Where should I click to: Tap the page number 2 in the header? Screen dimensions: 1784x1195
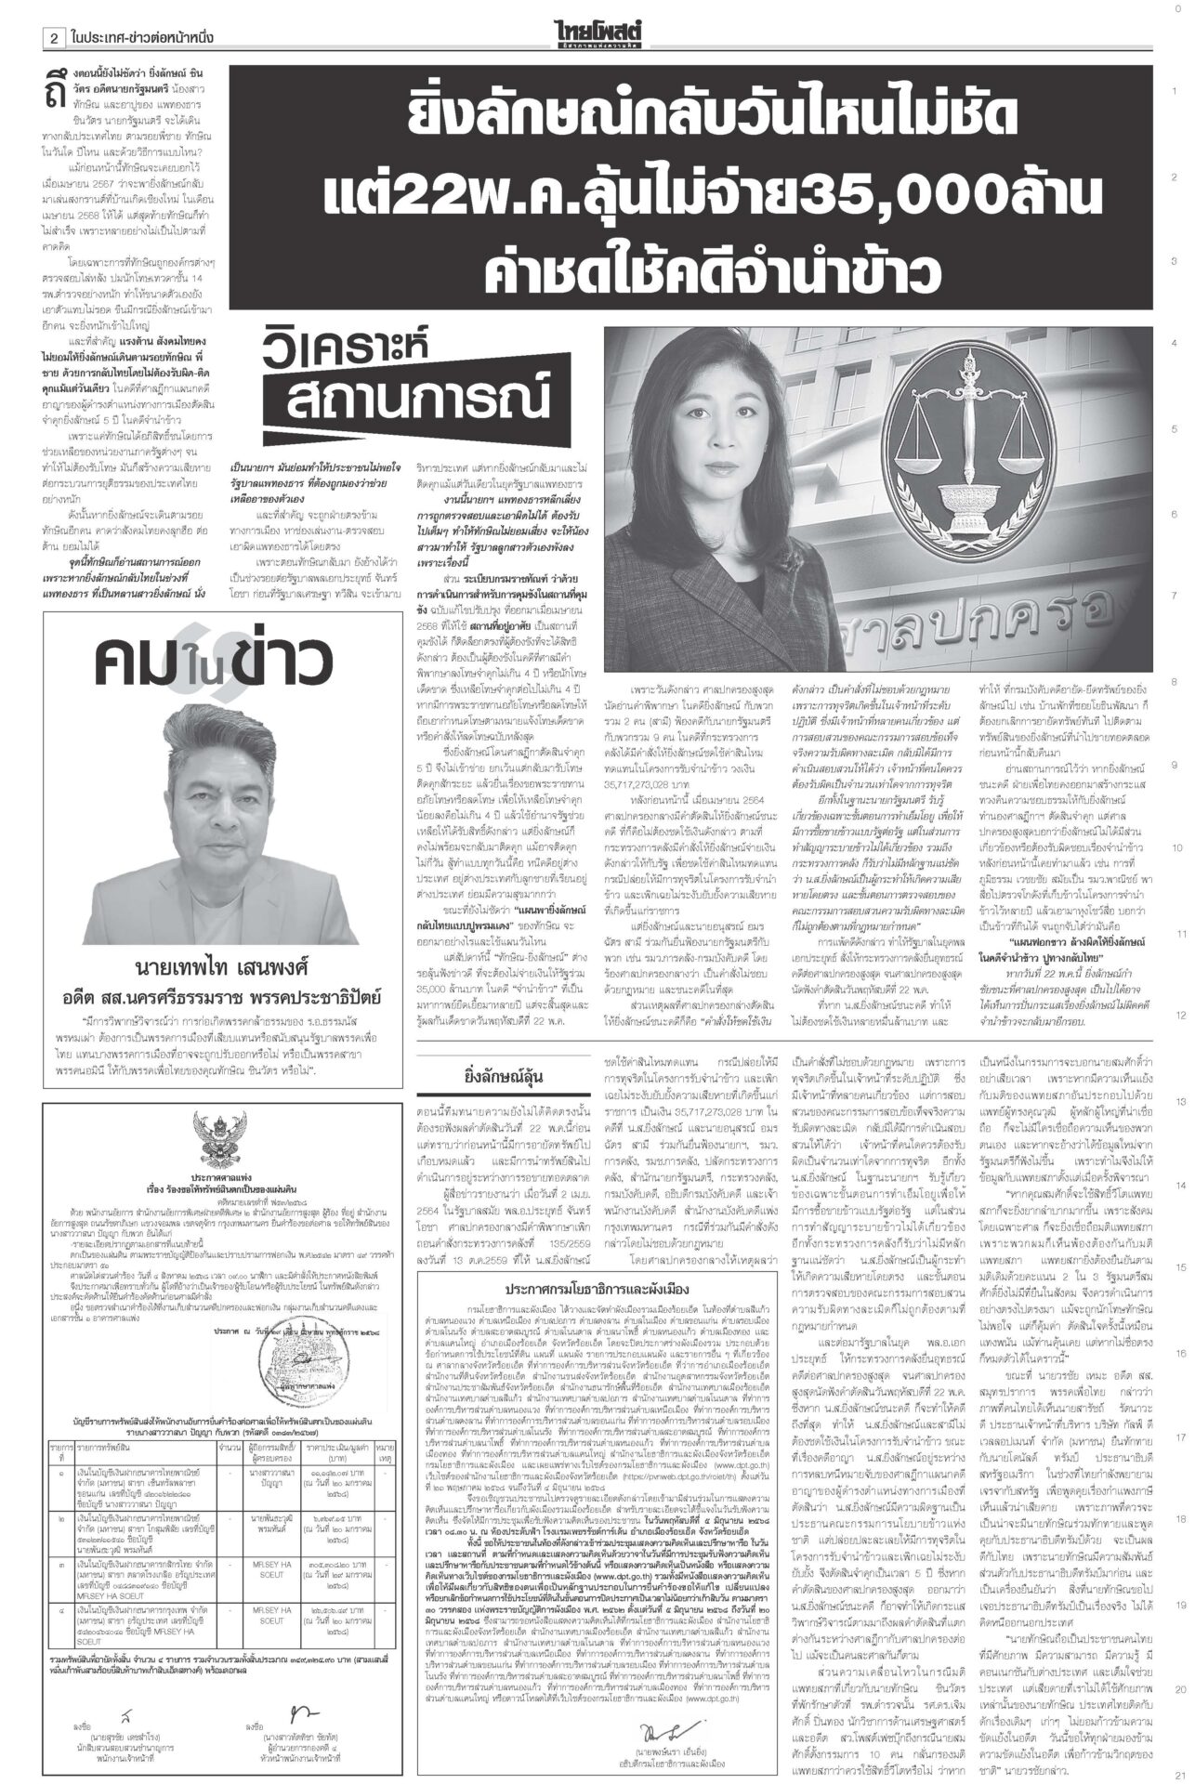tap(55, 39)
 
